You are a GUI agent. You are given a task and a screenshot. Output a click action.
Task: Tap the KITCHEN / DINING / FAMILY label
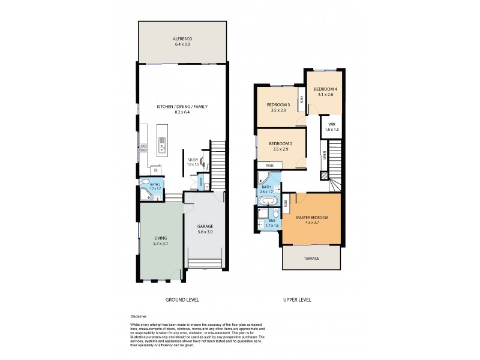click(x=182, y=106)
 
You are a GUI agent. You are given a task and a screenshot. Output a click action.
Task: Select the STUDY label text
click(x=192, y=160)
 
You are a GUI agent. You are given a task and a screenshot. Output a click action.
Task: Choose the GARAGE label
click(x=205, y=226)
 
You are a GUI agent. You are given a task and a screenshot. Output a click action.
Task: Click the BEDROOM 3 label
click(x=278, y=105)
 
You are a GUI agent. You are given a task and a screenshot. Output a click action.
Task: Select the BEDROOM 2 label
click(x=280, y=143)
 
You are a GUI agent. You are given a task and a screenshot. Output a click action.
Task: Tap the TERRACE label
click(x=311, y=258)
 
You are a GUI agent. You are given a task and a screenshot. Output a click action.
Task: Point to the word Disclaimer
click(x=139, y=316)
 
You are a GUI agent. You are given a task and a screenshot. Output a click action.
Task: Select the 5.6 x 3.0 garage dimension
click(x=205, y=232)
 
